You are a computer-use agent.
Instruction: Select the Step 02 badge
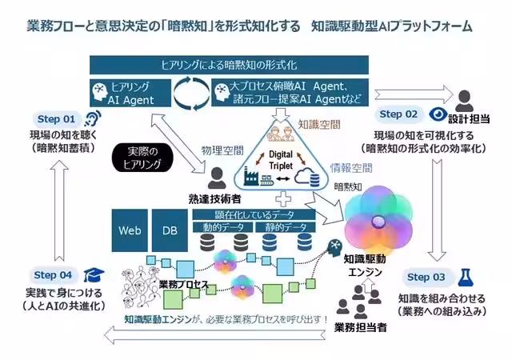[x=398, y=114]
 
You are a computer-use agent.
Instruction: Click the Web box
[x=129, y=230]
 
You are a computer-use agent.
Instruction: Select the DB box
[x=170, y=230]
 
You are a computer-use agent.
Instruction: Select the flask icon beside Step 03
[x=466, y=276]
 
